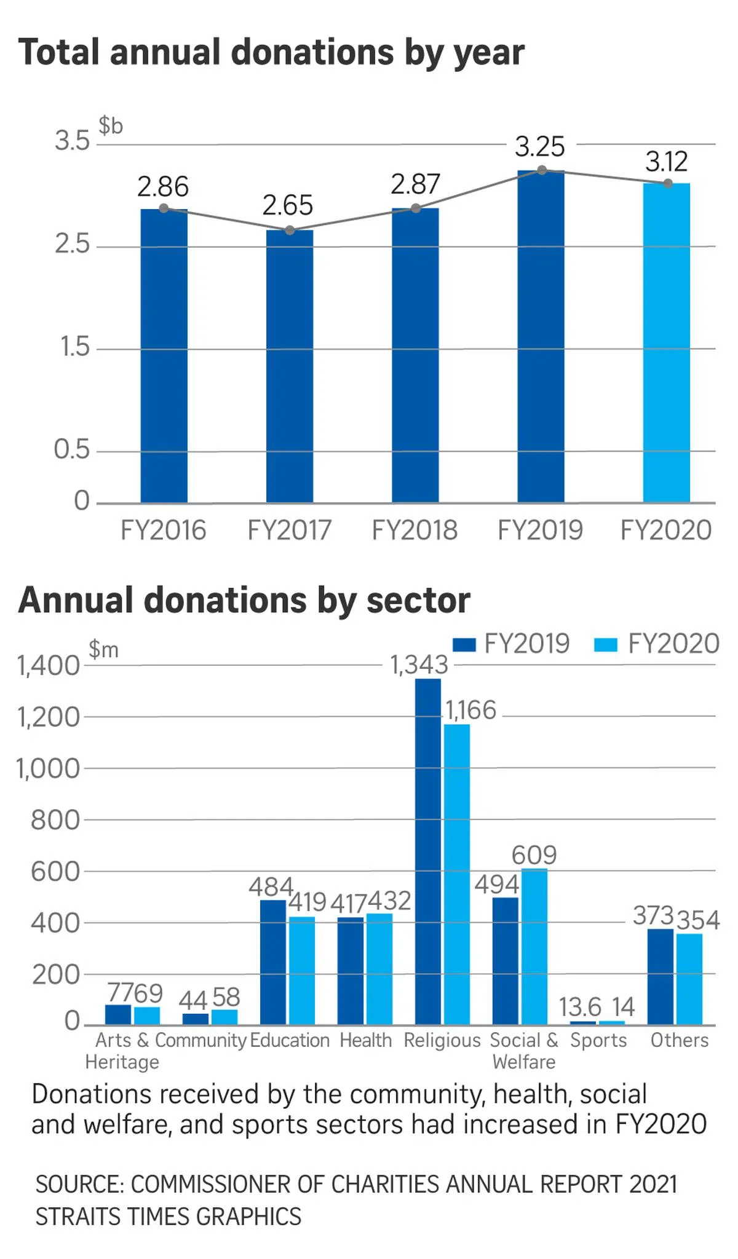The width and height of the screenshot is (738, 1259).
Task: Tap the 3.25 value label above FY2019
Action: (x=539, y=147)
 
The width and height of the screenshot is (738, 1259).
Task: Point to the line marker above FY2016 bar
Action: (x=164, y=208)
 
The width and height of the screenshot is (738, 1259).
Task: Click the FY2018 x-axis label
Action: (x=415, y=530)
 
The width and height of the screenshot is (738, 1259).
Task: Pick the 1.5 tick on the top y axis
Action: (x=74, y=348)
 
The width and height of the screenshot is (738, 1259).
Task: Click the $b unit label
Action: (x=111, y=125)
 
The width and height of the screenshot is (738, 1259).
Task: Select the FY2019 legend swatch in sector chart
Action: (x=464, y=644)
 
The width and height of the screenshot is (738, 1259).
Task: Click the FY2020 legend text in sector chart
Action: (x=673, y=644)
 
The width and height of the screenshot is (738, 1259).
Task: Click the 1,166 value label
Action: (x=471, y=711)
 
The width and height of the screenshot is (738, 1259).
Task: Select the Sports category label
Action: (x=598, y=1040)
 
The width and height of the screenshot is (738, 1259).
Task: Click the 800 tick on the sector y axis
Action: (x=55, y=820)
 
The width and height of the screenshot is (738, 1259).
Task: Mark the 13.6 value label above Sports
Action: (x=580, y=1007)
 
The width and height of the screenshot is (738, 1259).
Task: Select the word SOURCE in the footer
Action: (x=77, y=1184)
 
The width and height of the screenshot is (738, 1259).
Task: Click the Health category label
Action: (x=365, y=1040)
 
